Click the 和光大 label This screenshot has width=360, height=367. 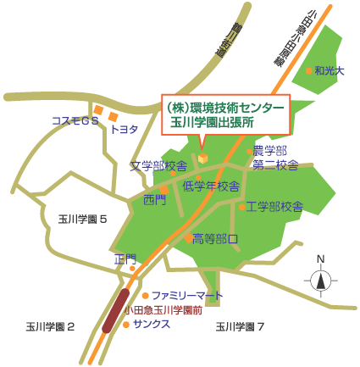click(329, 71)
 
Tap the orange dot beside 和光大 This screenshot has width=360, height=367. click(309, 71)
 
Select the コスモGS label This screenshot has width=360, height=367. click(75, 121)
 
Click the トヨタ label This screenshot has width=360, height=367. click(125, 129)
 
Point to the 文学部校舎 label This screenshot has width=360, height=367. click(158, 166)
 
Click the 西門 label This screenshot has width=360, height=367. click(155, 200)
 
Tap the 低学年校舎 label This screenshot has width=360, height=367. click(211, 186)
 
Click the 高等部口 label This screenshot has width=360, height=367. click(215, 238)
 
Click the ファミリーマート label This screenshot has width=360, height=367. click(186, 295)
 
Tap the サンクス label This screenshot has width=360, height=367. click(152, 324)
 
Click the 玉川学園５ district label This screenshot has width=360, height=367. click(82, 219)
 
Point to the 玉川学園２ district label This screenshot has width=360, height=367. click(50, 326)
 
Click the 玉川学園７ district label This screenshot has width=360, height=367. click(241, 326)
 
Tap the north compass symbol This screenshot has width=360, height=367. click(320, 277)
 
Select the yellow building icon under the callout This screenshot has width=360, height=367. click(202, 158)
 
